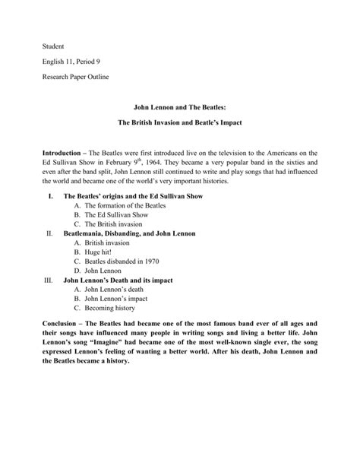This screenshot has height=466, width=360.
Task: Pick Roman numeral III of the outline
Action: (x=49, y=280)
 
